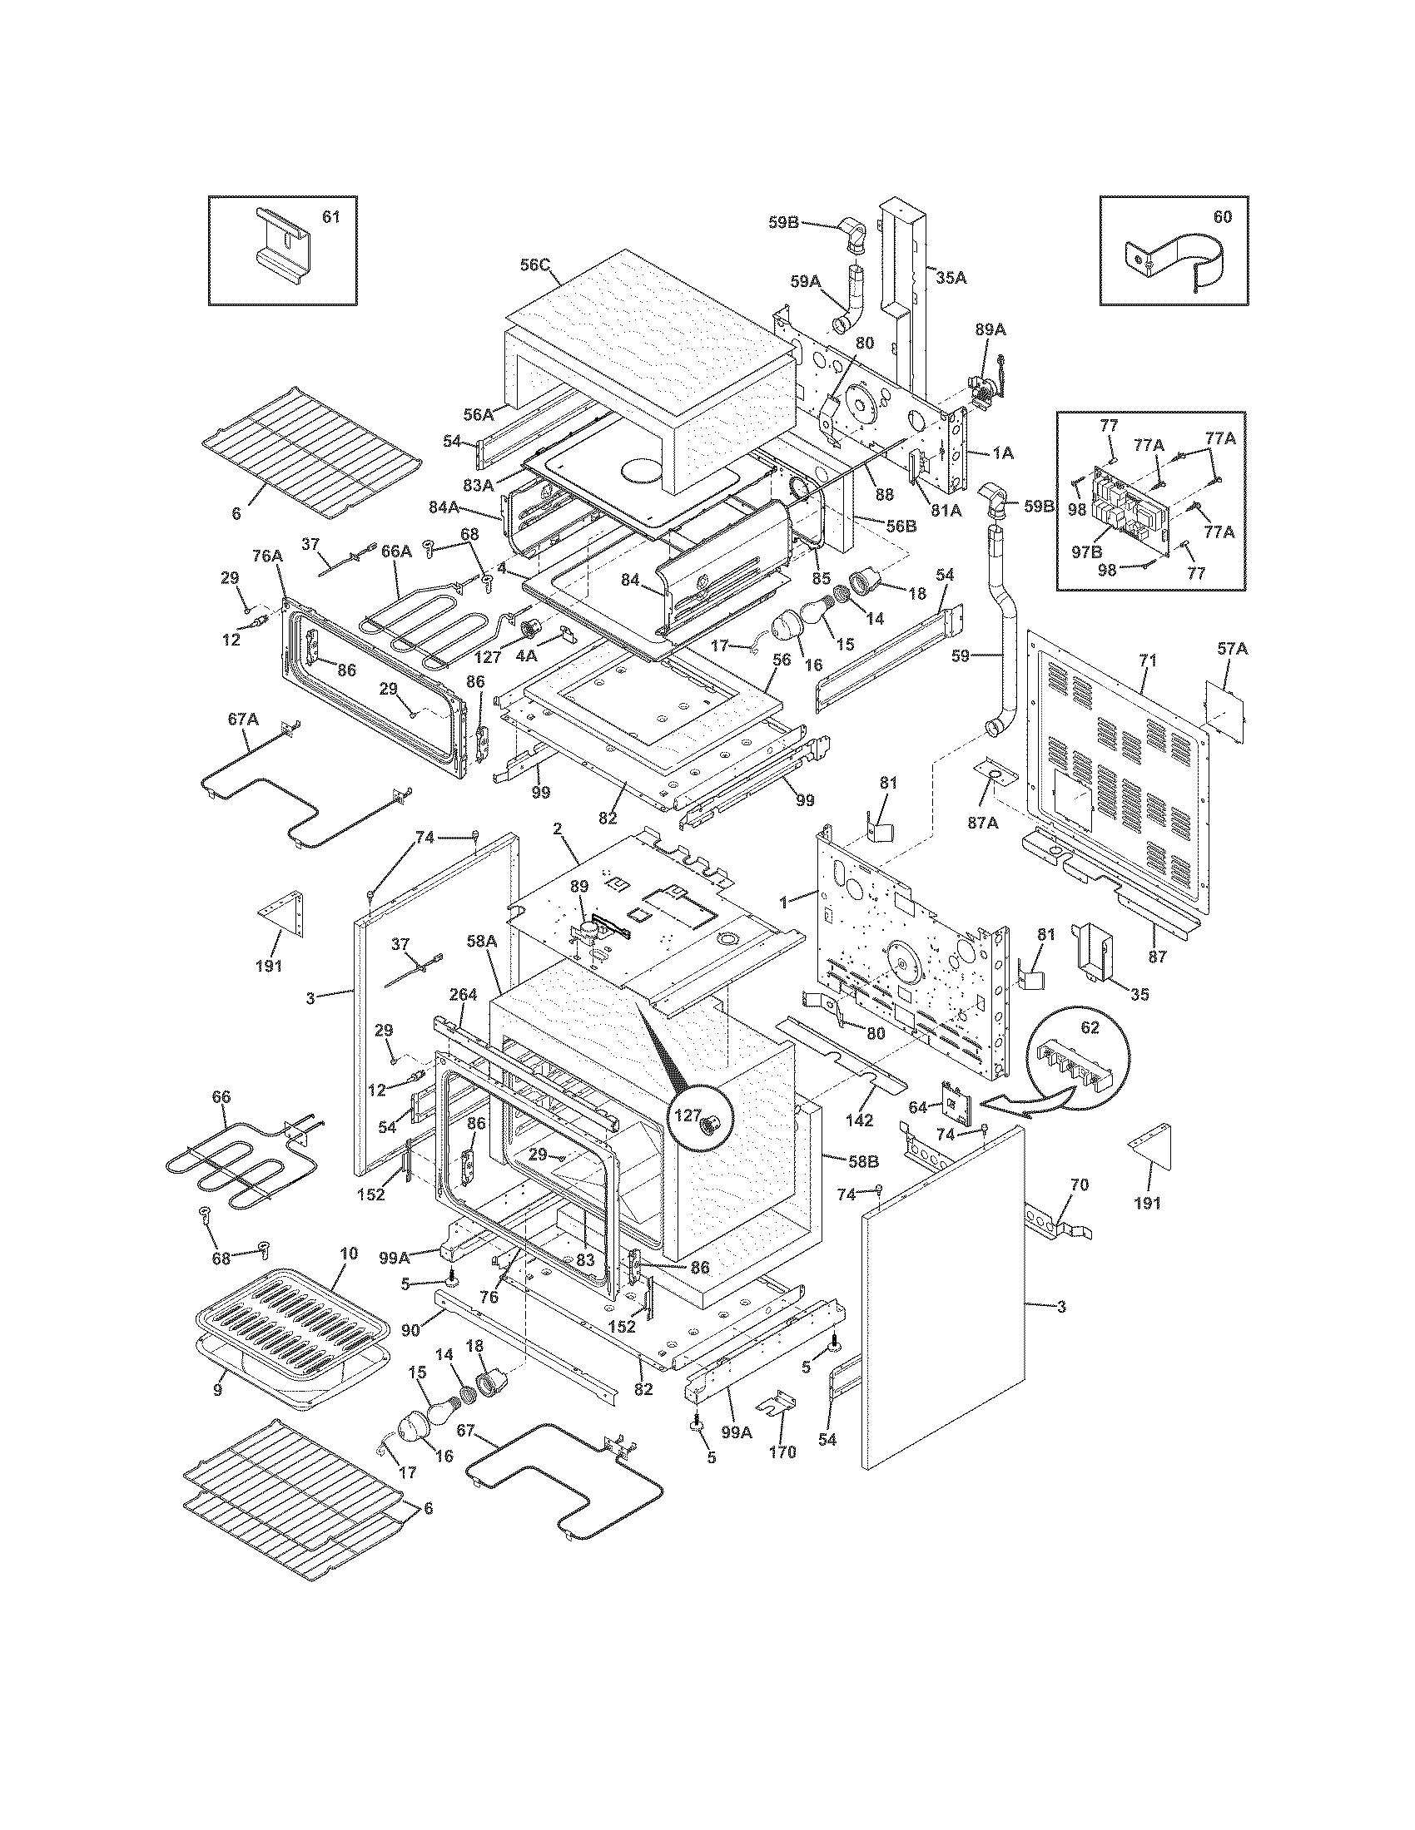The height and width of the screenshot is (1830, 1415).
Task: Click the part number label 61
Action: tap(331, 218)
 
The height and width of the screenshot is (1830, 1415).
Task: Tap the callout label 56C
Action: tap(534, 265)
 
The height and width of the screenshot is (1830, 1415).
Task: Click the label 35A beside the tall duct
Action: tap(951, 278)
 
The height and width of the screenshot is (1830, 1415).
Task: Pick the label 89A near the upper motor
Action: tap(990, 330)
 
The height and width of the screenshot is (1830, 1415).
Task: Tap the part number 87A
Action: tap(982, 823)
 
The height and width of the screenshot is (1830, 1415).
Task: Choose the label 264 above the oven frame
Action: tap(463, 995)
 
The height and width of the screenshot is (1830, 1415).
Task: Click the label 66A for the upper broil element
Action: tap(396, 551)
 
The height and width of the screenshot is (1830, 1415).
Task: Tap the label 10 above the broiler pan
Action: tap(349, 1254)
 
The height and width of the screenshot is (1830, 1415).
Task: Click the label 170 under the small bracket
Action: tap(782, 1452)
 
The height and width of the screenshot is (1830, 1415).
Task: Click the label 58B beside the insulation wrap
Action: tap(862, 1161)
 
